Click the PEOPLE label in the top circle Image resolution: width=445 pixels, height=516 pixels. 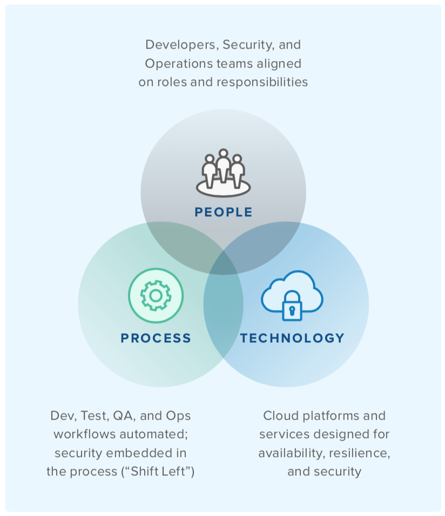point(224,212)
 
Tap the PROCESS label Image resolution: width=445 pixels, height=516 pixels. point(156,339)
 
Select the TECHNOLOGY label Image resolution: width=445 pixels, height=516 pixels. point(292,339)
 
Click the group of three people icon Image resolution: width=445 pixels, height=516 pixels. point(223,172)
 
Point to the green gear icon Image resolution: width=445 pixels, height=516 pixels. point(156,295)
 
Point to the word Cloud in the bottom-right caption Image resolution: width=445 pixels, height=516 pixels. point(280,416)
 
